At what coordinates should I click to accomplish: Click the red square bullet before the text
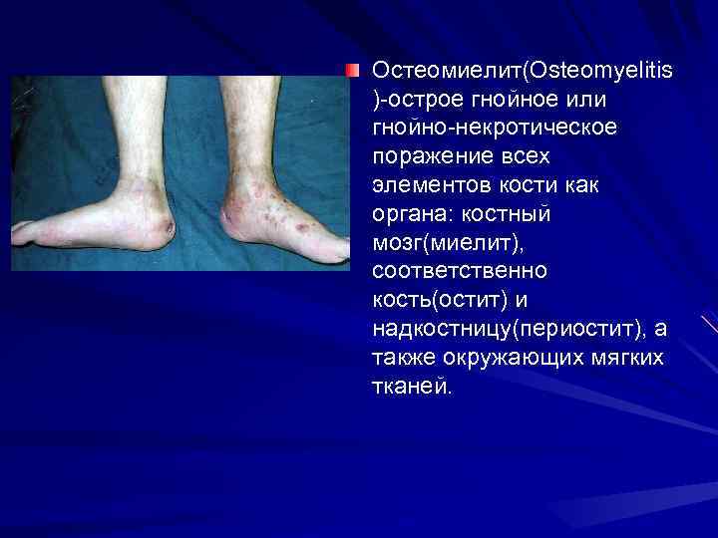pyautogui.click(x=352, y=71)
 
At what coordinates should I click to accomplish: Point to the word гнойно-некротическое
pyautogui.click(x=495, y=130)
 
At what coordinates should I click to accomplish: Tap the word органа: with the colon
pyautogui.click(x=413, y=215)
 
